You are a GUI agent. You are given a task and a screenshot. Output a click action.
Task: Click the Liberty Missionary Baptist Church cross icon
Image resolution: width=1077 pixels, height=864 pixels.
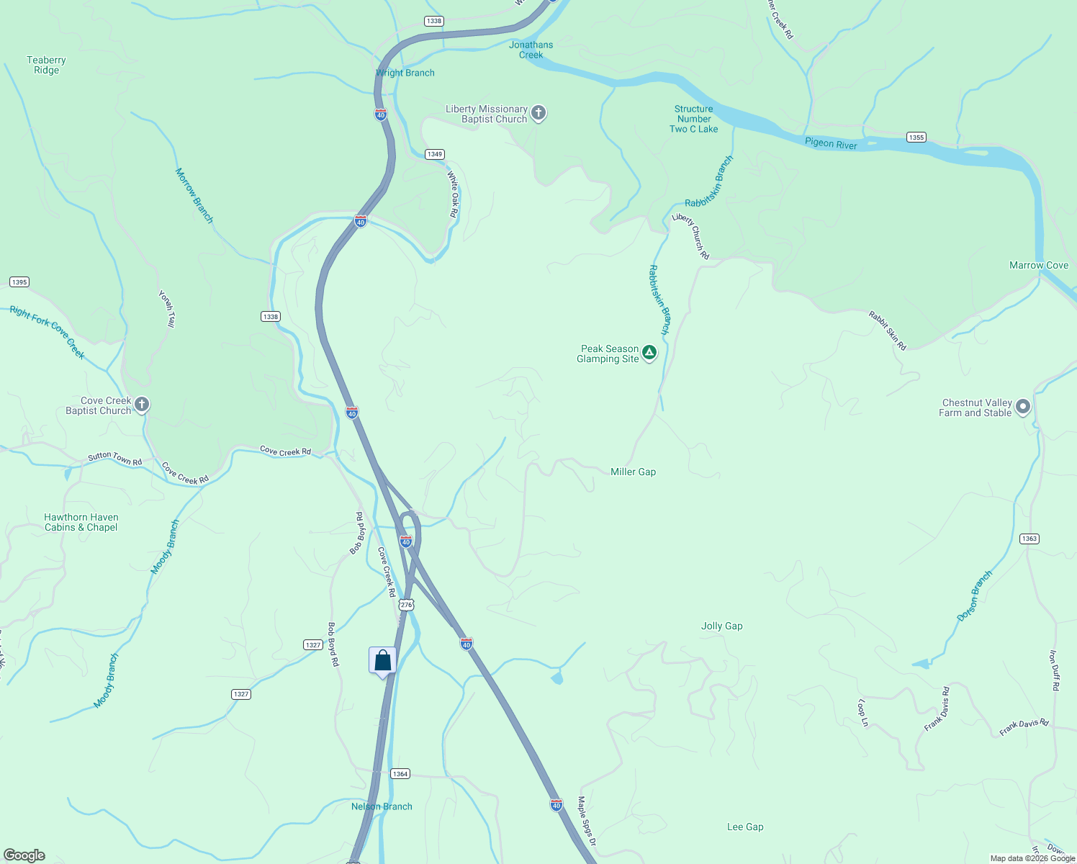tap(538, 113)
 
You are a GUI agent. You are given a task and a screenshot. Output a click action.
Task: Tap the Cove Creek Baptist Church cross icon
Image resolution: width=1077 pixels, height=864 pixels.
tap(142, 405)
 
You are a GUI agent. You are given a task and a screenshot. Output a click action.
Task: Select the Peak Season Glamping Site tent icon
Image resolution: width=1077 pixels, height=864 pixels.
tap(649, 353)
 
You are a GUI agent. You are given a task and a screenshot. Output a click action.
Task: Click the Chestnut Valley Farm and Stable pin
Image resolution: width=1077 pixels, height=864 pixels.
tap(1022, 407)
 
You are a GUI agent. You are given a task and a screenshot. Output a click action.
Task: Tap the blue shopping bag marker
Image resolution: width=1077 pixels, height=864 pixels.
tap(382, 661)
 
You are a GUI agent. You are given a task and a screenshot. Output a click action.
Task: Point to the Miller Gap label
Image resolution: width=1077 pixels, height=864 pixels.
tap(633, 472)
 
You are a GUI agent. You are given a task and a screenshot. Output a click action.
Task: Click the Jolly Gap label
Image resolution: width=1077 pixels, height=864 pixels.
tap(721, 626)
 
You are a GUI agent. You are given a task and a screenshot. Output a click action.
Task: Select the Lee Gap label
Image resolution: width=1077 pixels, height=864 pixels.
tap(744, 827)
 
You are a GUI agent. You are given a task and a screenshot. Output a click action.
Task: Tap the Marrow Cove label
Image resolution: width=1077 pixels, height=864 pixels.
tap(1038, 265)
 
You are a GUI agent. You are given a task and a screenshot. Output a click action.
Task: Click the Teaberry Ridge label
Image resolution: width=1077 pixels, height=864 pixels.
tap(46, 65)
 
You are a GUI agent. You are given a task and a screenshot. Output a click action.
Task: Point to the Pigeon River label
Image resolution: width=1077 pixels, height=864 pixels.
tap(831, 143)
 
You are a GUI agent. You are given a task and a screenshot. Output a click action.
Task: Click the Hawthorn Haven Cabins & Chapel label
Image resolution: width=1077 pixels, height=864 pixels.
tap(81, 522)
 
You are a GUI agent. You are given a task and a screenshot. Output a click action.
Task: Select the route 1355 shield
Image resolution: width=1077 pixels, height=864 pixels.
tap(916, 137)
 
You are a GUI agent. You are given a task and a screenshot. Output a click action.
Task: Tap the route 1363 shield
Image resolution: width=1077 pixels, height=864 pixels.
tap(1029, 539)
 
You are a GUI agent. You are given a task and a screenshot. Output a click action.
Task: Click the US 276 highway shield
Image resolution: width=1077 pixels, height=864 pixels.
tap(406, 605)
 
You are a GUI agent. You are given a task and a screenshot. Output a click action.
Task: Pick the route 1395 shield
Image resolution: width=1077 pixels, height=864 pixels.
tap(19, 282)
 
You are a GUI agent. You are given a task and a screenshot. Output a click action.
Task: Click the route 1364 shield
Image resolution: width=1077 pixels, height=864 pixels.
tap(400, 773)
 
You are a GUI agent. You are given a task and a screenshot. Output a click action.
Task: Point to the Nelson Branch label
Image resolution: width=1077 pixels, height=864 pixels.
tap(382, 806)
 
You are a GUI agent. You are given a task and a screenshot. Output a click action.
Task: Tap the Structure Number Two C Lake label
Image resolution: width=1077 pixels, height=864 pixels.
tap(693, 119)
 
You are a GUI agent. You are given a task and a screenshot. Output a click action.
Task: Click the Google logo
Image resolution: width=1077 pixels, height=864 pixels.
tap(24, 855)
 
